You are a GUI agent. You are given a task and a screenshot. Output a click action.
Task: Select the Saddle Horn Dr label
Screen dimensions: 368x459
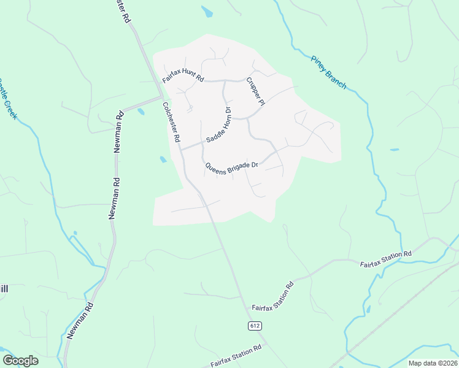pos(218,125)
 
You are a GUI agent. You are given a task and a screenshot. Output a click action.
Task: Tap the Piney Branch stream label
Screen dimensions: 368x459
pos(329,72)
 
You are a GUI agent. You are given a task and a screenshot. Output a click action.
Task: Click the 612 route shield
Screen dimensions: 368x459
pos(255,326)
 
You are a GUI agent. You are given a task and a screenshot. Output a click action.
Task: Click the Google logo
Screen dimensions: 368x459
pos(20,361)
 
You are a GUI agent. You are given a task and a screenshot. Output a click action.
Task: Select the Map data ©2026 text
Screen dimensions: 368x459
pos(433,363)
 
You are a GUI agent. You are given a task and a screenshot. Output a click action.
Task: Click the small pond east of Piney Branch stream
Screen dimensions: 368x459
pos(394,150)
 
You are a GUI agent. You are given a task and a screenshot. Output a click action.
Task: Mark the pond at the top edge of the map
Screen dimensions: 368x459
pos(207,11)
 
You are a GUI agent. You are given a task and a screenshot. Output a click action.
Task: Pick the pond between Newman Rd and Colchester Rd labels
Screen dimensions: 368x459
pos(141,112)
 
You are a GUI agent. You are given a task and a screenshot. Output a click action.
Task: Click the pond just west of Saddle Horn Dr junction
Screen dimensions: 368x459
pos(163,159)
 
